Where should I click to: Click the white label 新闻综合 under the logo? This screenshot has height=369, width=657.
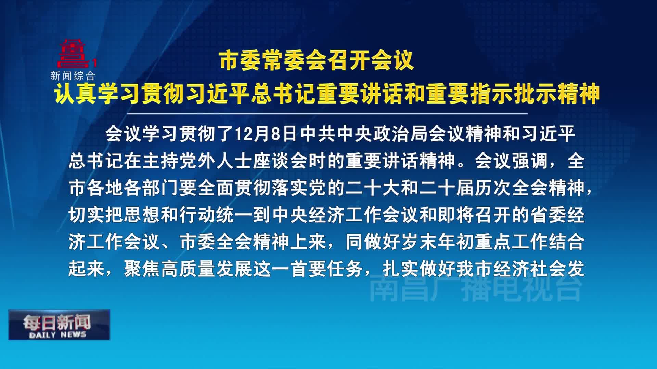pyautogui.click(x=73, y=76)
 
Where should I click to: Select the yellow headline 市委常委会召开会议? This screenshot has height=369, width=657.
pyautogui.click(x=317, y=61)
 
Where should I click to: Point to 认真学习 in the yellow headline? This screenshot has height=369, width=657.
pyautogui.click(x=98, y=93)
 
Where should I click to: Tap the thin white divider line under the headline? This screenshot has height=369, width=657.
pyautogui.click(x=327, y=113)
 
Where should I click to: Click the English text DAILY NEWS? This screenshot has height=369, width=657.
pyautogui.click(x=57, y=335)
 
